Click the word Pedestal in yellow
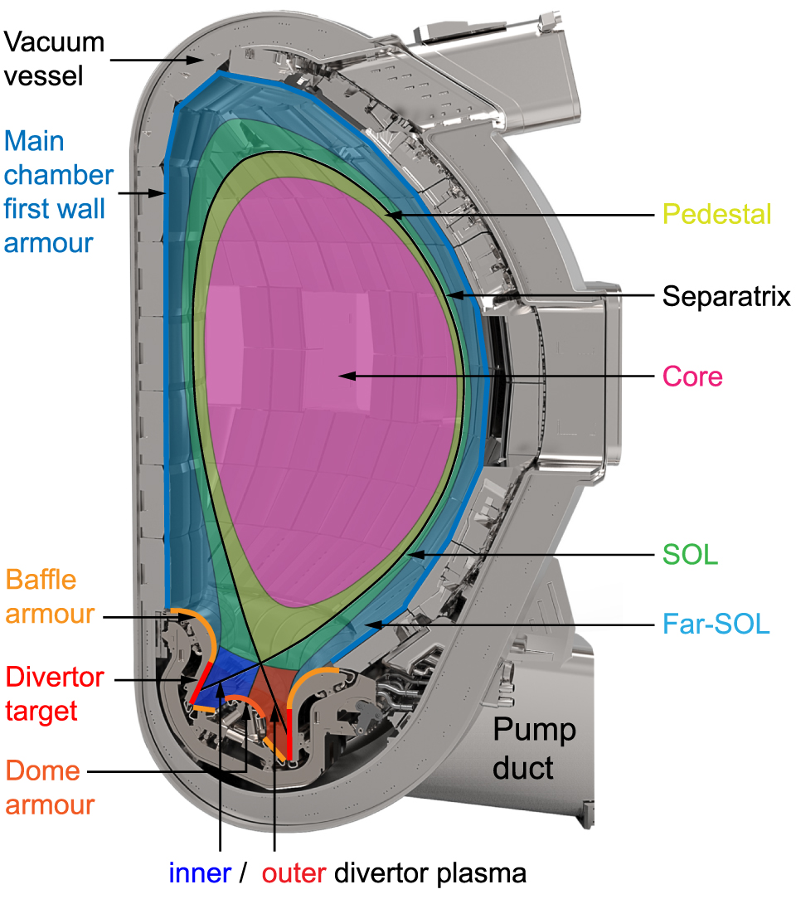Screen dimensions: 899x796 pos(718,215)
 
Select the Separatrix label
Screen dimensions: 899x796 pos(726,296)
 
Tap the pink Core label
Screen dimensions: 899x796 pos(692,377)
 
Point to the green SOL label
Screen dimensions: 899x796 pos(690,556)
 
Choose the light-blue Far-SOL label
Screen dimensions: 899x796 pos(716,624)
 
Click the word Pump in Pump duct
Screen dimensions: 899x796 pos(535,731)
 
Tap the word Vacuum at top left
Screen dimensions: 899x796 pos(54,41)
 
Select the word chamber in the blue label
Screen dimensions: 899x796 pos(59,175)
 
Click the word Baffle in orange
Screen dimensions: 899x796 pos(41,579)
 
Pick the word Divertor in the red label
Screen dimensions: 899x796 pos(55,677)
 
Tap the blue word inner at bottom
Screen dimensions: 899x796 pos(200,872)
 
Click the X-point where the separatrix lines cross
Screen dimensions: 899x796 pos(260,663)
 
